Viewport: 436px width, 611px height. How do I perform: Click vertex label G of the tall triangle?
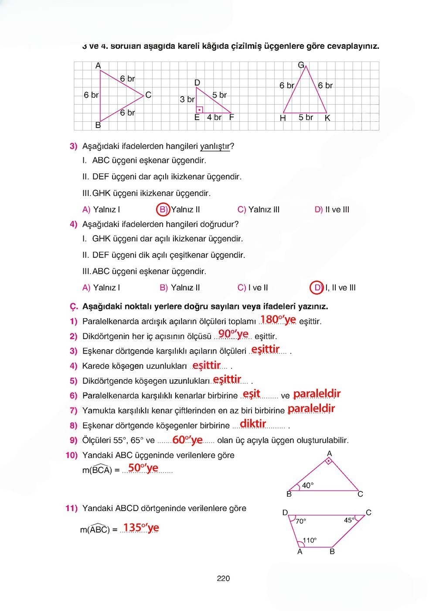[x=301, y=65]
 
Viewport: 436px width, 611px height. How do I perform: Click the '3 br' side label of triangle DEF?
[x=187, y=100]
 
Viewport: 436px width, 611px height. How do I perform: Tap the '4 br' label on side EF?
[x=214, y=117]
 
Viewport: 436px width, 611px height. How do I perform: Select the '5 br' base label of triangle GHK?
[x=306, y=117]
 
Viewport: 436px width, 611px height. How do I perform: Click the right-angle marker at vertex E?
[x=199, y=110]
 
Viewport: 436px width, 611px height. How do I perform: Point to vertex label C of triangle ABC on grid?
[x=148, y=95]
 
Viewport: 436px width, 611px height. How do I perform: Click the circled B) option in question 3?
[x=163, y=209]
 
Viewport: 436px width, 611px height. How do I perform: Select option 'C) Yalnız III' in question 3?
[x=258, y=209]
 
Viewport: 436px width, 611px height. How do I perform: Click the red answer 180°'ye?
[x=278, y=320]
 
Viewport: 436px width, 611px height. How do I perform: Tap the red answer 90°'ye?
[x=233, y=334]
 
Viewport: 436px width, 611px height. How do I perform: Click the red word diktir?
[x=253, y=423]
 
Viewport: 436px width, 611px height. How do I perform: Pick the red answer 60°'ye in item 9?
[x=187, y=440]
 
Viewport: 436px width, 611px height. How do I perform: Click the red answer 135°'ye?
[x=141, y=528]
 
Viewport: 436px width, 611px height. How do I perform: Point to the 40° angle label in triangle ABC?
[x=308, y=485]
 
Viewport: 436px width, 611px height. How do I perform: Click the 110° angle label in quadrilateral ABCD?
[x=310, y=540]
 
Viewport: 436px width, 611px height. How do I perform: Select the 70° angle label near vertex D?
[x=301, y=521]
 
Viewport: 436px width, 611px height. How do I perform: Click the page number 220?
[x=223, y=579]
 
